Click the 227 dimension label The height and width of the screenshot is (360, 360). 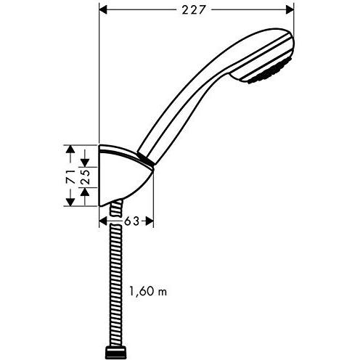(194, 10)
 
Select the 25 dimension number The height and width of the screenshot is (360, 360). (85, 177)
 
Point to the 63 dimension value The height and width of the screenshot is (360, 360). (132, 221)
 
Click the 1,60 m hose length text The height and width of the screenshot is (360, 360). (148, 291)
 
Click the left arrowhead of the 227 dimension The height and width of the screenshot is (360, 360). (103, 10)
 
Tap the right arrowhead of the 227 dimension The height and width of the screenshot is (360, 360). (290, 10)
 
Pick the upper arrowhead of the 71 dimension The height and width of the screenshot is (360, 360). (70, 149)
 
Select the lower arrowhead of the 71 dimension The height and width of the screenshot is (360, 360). (70, 202)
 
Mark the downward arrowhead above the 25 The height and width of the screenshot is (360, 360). (85, 163)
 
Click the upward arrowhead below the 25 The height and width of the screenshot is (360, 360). (85, 192)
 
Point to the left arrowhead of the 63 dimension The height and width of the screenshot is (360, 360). (103, 221)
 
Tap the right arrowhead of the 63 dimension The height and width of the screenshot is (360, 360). (150, 221)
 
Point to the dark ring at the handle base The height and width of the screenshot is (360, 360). (146, 159)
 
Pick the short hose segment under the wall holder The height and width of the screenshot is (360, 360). (116, 208)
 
